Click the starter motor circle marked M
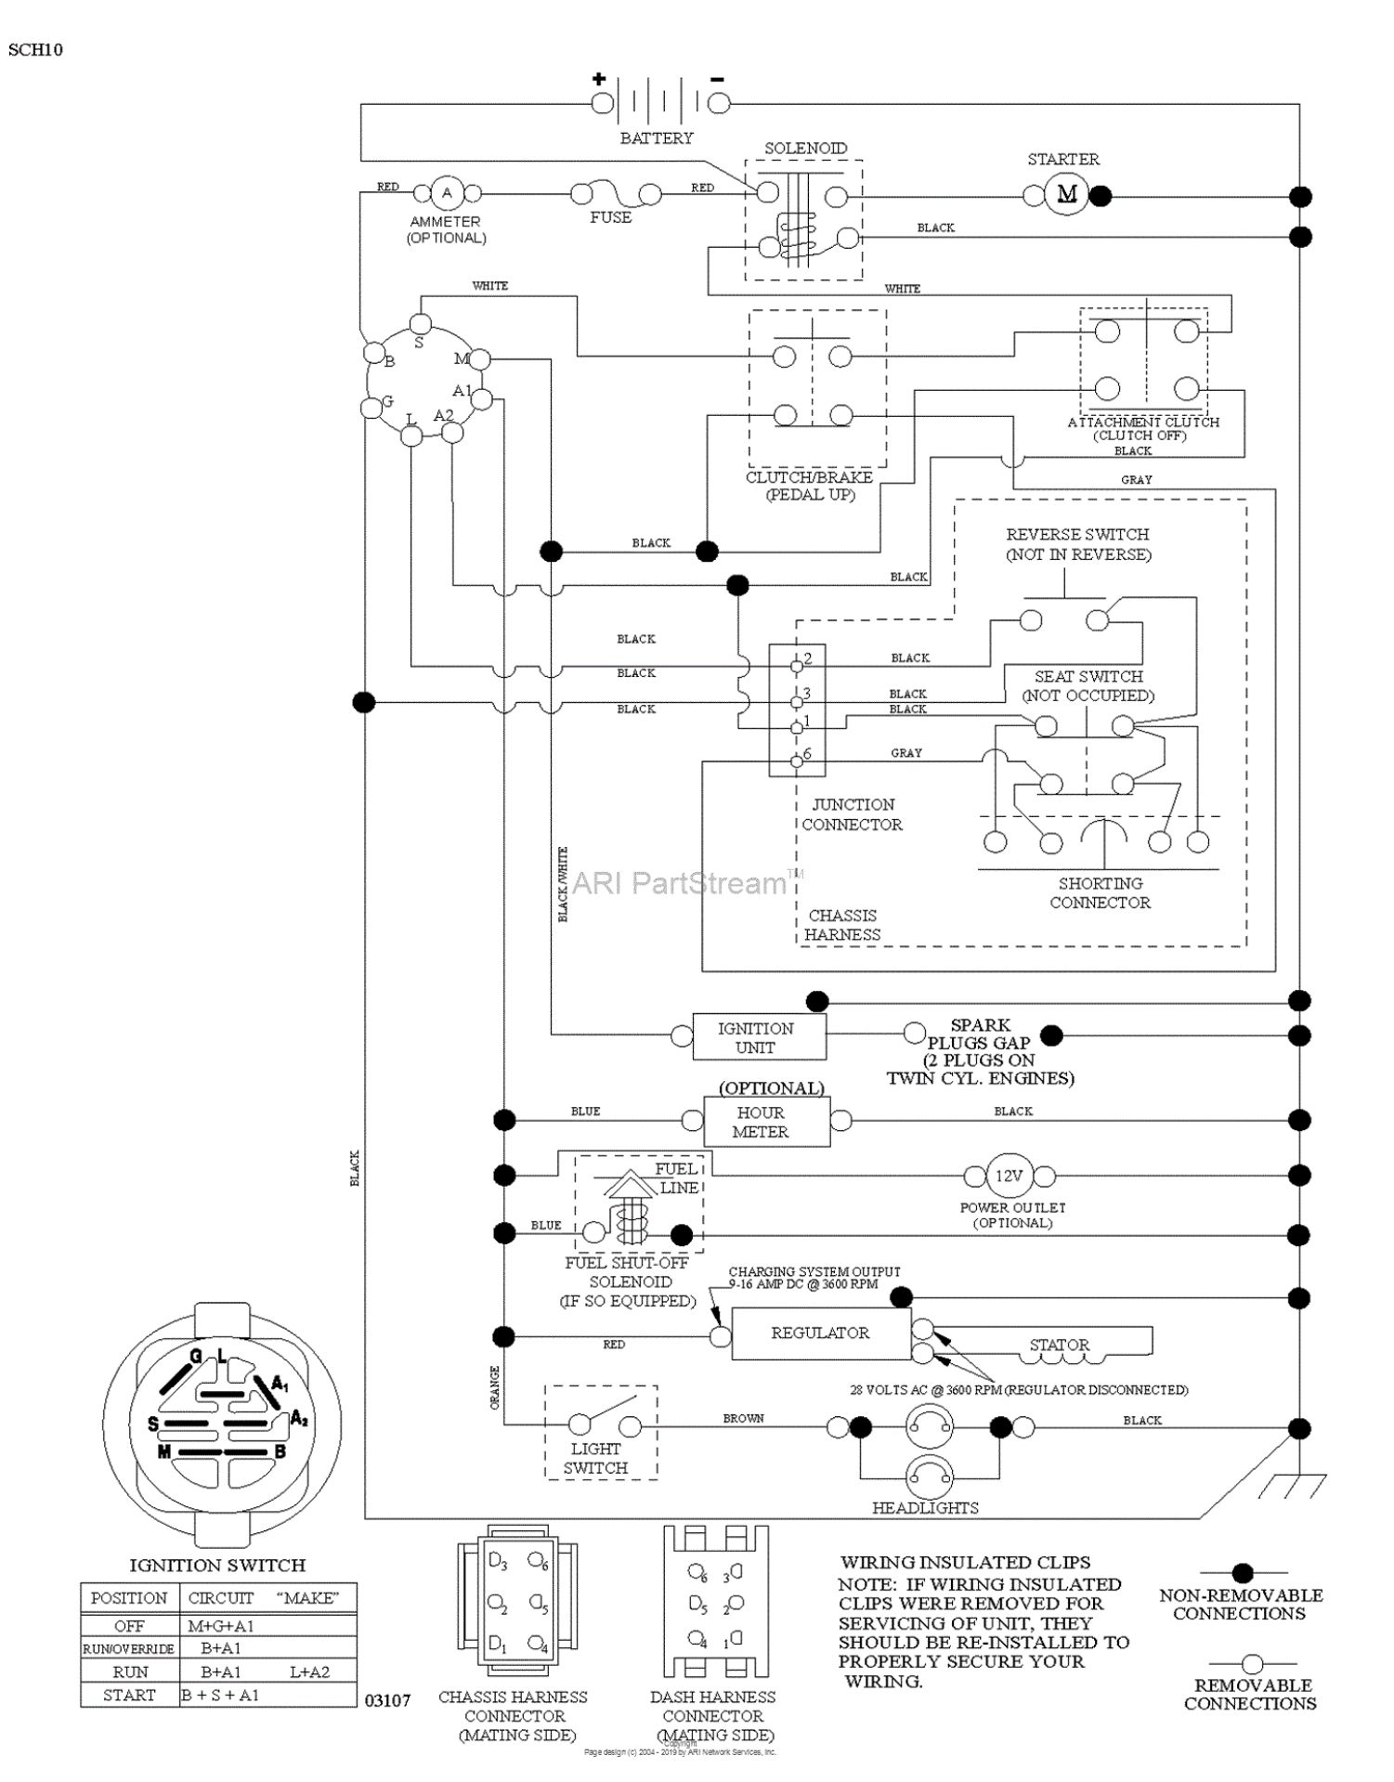1066,194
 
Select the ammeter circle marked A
447,193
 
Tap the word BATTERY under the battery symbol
657,138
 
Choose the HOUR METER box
765,1122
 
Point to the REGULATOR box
821,1333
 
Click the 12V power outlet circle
1009,1176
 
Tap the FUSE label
610,217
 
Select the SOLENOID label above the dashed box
805,149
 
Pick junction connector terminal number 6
807,753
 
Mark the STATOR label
1059,1345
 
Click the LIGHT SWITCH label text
595,1458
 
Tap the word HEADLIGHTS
925,1508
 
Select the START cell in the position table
129,1695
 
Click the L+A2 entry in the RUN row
309,1671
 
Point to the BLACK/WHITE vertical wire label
563,885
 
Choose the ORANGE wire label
494,1386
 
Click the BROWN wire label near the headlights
743,1418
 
